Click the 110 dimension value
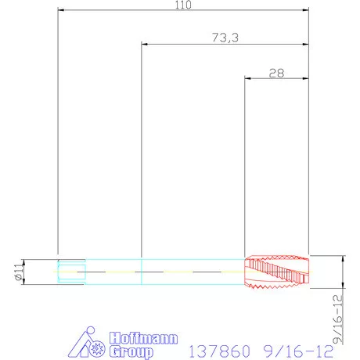click(183, 5)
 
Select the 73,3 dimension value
click(225, 38)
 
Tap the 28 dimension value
click(276, 74)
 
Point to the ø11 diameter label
click(19, 272)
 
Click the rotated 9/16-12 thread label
click(338, 319)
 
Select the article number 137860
click(219, 351)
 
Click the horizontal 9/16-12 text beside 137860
click(298, 351)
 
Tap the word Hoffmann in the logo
click(144, 338)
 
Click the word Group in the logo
click(131, 351)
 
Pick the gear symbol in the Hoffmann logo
click(97, 349)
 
